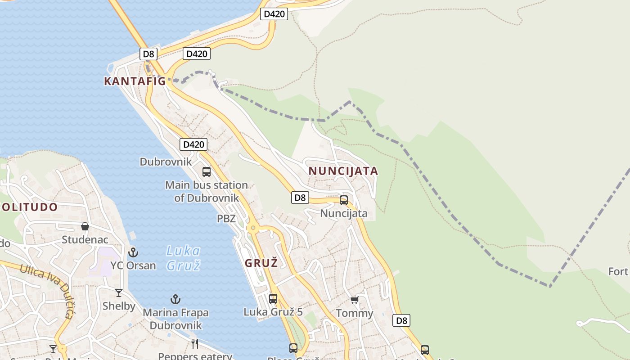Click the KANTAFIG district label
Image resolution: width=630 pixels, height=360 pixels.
coord(135,81)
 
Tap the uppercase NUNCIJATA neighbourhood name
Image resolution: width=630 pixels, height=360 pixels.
coord(343,171)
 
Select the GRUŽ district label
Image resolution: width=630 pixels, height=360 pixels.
coord(261,263)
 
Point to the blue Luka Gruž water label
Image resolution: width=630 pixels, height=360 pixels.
coord(183,258)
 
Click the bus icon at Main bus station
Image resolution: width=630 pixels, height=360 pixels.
coord(207,171)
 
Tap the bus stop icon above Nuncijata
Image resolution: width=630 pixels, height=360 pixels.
coord(344,200)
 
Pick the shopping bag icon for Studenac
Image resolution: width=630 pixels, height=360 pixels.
coord(85,226)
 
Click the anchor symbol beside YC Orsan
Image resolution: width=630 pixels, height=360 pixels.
coord(133,252)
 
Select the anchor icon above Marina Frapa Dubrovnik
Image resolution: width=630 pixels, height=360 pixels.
coord(175,299)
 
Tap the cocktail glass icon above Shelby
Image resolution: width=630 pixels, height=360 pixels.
coord(119,293)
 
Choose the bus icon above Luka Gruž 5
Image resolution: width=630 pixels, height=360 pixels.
coord(273,298)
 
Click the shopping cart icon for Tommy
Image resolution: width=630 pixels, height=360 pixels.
coord(355,300)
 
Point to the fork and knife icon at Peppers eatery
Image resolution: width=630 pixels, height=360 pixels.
coord(195,344)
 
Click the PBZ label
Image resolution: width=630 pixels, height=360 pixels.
coord(226,219)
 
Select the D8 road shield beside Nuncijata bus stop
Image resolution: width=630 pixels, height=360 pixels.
coord(300,197)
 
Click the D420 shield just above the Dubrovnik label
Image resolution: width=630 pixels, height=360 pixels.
coord(193,144)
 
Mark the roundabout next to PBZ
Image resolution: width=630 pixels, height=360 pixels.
coord(253,228)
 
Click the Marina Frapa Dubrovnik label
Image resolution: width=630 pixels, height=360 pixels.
coord(175,319)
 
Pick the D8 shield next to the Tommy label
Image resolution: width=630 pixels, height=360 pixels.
coord(401,320)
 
